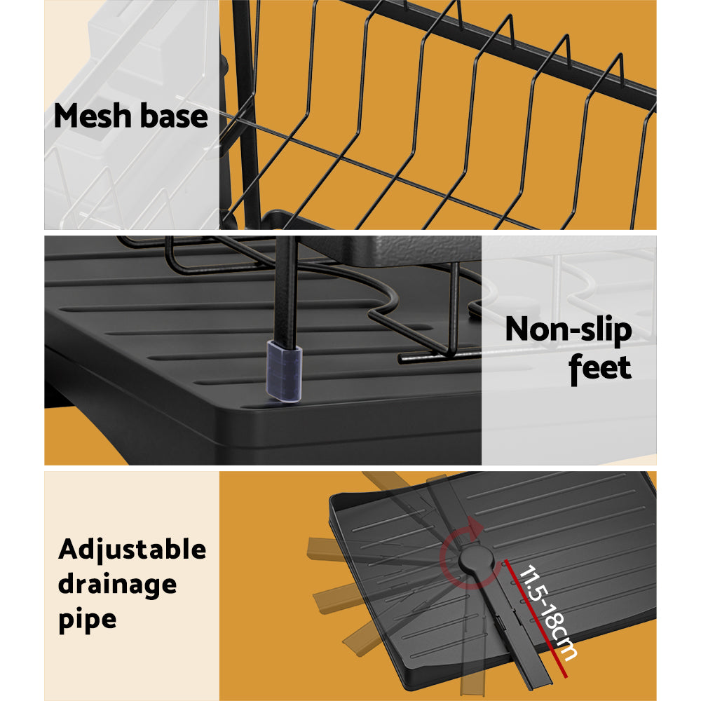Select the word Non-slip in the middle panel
point(568,329)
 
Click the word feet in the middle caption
point(600,367)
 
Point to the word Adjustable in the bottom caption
point(132,549)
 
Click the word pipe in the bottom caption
point(87,619)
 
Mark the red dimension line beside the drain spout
point(533,617)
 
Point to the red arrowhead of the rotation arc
point(473,526)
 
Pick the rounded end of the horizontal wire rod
point(402,359)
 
